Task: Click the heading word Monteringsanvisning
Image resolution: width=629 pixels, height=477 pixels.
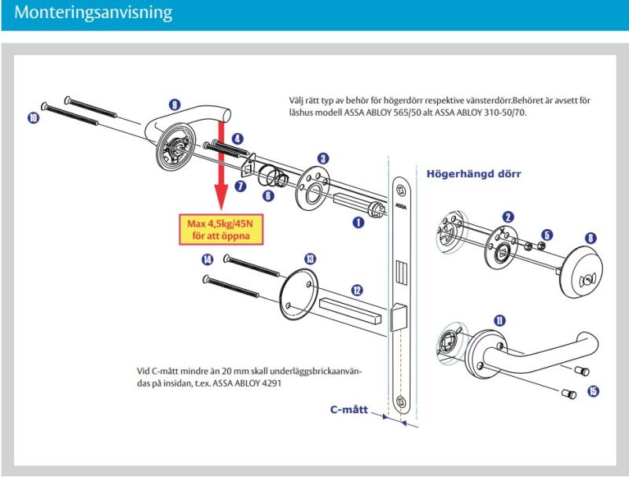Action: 79,15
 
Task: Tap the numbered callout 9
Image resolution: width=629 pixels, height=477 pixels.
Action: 175,103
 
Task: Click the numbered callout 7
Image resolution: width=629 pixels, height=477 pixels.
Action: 241,186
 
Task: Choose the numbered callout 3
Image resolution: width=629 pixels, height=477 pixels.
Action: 323,158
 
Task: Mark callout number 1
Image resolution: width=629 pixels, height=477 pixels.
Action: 358,223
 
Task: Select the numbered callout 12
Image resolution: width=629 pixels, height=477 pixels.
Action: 358,290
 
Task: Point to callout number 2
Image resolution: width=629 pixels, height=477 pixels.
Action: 509,216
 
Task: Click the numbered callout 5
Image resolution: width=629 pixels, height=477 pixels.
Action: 548,234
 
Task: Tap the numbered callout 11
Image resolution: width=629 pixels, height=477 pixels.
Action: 501,320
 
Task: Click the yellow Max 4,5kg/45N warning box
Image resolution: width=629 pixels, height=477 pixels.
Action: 220,226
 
